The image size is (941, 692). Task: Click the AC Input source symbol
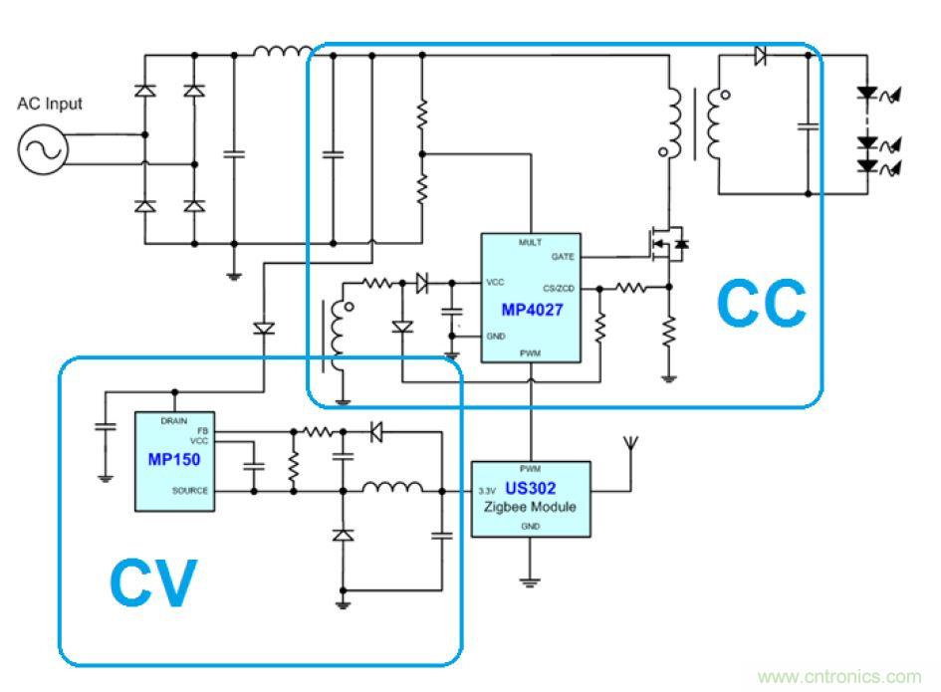pos(42,148)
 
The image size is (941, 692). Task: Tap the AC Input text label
pos(50,104)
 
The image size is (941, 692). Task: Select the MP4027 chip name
pos(532,310)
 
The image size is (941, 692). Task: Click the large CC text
pos(762,305)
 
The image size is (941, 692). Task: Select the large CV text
pos(152,582)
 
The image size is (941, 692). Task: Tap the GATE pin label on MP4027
pos(562,257)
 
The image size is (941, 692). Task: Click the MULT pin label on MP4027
pos(530,242)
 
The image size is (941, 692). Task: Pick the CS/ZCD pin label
pos(561,289)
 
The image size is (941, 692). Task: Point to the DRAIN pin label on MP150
pos(174,422)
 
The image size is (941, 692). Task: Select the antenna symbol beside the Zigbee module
pos(628,446)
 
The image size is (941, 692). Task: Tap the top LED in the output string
pos(868,95)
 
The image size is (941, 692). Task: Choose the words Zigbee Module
pos(530,507)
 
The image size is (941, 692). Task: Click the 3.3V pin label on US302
pos(486,490)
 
